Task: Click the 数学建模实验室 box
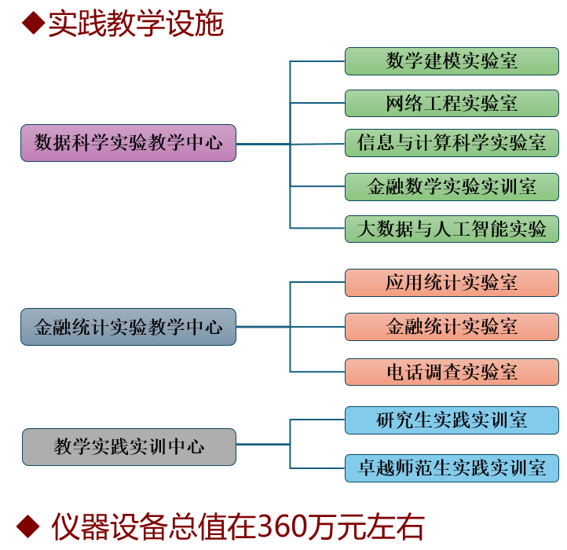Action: coord(452,61)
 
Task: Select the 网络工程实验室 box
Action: coord(452,103)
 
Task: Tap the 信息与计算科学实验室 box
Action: coord(452,143)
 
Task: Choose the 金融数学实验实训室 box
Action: coord(452,186)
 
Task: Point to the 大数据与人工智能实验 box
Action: coord(452,229)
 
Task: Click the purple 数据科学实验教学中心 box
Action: coord(128,143)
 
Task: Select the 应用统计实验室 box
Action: coord(452,283)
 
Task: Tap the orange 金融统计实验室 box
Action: coord(452,326)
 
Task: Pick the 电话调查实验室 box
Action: coord(452,372)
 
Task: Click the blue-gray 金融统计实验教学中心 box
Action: coord(128,327)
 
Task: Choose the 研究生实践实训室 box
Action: coord(452,420)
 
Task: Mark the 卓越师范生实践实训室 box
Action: coord(452,468)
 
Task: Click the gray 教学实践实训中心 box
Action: coord(129,446)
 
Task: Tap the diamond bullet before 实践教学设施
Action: coord(32,24)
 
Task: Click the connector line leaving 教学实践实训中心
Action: coord(263,445)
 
